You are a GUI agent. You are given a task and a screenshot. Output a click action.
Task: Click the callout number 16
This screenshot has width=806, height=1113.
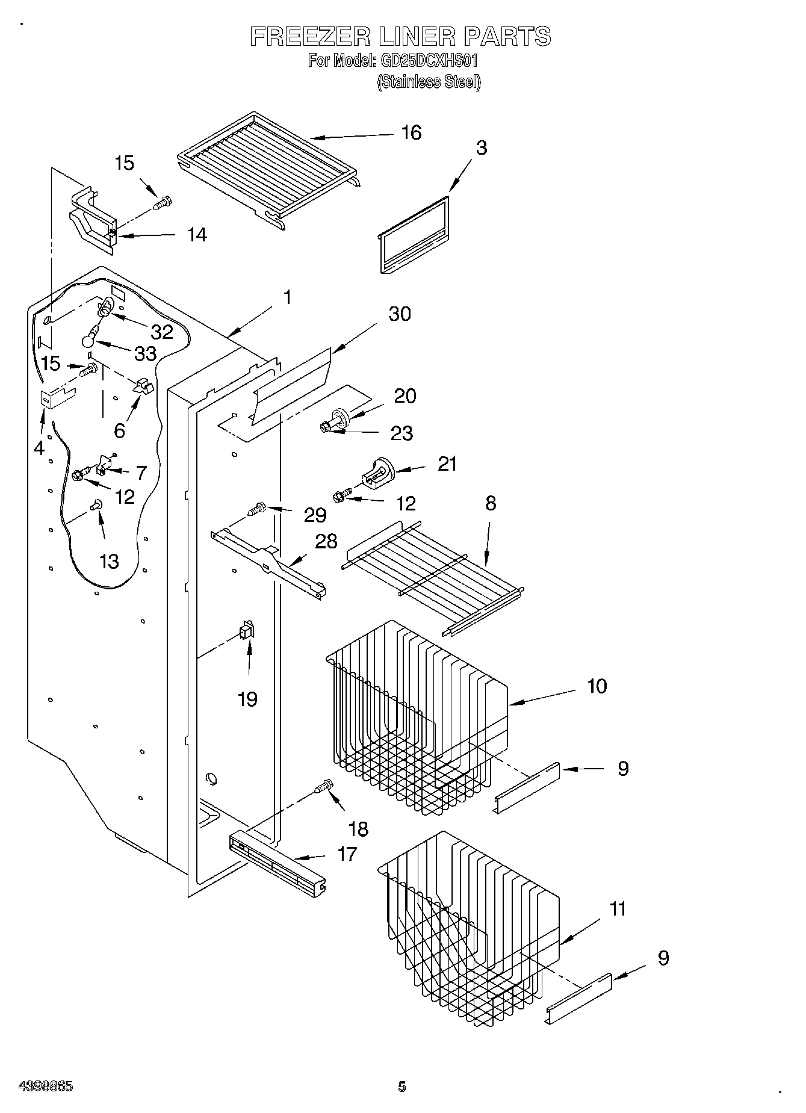click(x=411, y=132)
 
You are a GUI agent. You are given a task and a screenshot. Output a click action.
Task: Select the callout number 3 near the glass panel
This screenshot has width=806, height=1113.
click(x=481, y=148)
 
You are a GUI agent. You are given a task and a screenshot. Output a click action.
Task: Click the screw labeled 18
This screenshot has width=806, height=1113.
click(x=323, y=787)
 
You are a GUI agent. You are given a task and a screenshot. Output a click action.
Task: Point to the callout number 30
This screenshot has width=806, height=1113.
click(x=400, y=314)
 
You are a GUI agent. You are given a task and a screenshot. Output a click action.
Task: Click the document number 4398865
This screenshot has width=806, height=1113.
click(x=46, y=1087)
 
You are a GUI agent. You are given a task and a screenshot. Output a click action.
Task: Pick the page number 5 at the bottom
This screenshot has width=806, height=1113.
click(x=402, y=1087)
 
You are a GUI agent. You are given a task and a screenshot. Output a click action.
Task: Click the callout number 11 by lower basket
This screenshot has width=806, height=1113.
click(x=618, y=909)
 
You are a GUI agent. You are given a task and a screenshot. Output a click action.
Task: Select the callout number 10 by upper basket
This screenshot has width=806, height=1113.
click(x=597, y=686)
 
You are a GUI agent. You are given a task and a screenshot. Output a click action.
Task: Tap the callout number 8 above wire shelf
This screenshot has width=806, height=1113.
click(x=491, y=503)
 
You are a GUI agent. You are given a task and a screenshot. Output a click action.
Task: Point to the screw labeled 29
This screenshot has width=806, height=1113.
click(x=257, y=510)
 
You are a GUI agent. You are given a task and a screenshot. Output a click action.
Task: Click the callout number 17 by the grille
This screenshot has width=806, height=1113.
click(x=347, y=854)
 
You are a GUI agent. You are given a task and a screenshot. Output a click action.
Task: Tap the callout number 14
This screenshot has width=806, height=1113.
click(x=196, y=235)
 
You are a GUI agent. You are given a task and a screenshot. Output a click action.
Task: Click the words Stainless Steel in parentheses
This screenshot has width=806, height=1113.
click(x=429, y=82)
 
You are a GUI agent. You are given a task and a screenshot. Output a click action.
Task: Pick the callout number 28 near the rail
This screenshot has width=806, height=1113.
click(x=326, y=541)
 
